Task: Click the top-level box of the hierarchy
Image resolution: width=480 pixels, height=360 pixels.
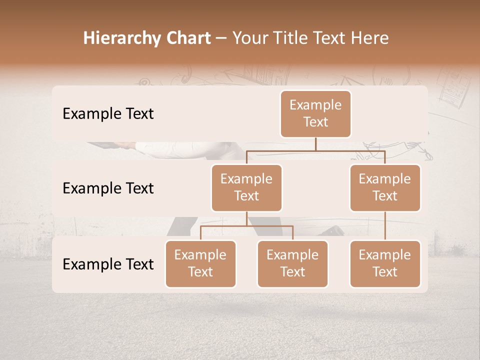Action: click(x=315, y=113)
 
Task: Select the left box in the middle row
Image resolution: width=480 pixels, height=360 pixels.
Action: click(x=246, y=187)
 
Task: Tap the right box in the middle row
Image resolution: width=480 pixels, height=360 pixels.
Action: click(x=385, y=187)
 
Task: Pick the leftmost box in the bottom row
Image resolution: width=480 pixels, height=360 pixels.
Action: click(x=200, y=263)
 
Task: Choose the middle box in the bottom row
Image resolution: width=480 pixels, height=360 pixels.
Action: click(x=292, y=263)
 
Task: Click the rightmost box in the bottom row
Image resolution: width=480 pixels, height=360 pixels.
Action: click(x=385, y=263)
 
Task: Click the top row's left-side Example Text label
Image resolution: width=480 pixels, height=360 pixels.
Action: click(x=108, y=113)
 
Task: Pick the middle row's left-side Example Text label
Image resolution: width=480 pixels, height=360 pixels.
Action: click(x=108, y=188)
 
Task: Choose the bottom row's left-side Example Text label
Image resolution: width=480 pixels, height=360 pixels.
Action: click(x=108, y=264)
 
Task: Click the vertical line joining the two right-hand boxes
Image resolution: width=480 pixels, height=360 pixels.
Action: click(x=385, y=225)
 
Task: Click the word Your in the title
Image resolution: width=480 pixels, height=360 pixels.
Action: click(x=250, y=38)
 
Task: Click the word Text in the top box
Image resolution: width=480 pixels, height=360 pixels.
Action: click(x=315, y=122)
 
